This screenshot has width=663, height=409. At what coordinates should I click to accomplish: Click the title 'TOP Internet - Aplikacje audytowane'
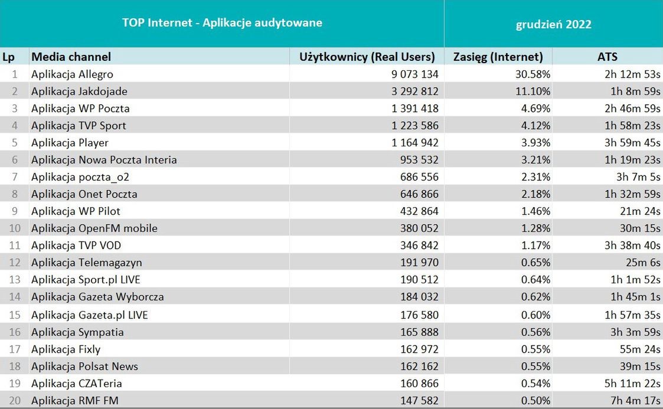coord(222,23)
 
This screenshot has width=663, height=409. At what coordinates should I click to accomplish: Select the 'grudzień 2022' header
coord(553,24)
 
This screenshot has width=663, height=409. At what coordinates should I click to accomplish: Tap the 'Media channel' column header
coord(71,57)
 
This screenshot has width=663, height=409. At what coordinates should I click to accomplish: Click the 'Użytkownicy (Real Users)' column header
coord(367,57)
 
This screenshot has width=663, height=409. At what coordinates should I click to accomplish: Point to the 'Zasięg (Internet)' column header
coord(498,57)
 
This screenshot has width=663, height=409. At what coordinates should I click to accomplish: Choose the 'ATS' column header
coord(607,57)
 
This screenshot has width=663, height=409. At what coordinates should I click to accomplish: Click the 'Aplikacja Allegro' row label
coord(72,74)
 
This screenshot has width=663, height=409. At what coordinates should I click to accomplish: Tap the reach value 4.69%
coord(535,109)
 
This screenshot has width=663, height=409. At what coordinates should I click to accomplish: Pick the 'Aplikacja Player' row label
coord(70,143)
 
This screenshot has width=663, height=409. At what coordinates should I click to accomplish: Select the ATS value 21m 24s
coord(640,211)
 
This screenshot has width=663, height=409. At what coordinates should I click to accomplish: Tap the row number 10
coord(14,228)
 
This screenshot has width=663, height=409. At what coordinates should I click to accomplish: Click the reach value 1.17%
coord(535,246)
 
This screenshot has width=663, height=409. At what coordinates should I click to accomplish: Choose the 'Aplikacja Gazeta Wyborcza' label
coord(97,297)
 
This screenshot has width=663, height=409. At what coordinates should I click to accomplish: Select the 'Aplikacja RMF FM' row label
coord(74,401)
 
